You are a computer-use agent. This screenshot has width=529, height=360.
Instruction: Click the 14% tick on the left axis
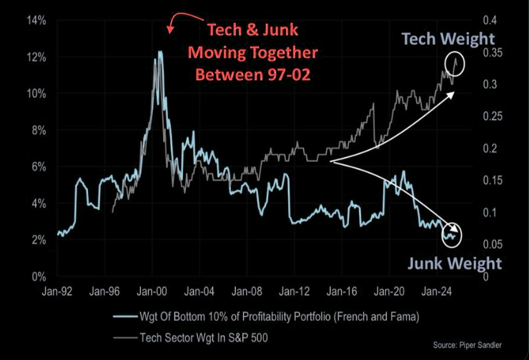point(36,20)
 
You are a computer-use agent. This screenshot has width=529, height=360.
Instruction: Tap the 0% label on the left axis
point(38,276)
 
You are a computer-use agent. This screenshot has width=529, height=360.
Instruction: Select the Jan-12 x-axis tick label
point(293,291)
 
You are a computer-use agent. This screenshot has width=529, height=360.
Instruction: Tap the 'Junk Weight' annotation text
point(455,263)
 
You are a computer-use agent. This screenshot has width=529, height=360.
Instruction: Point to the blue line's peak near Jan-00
point(159,51)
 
